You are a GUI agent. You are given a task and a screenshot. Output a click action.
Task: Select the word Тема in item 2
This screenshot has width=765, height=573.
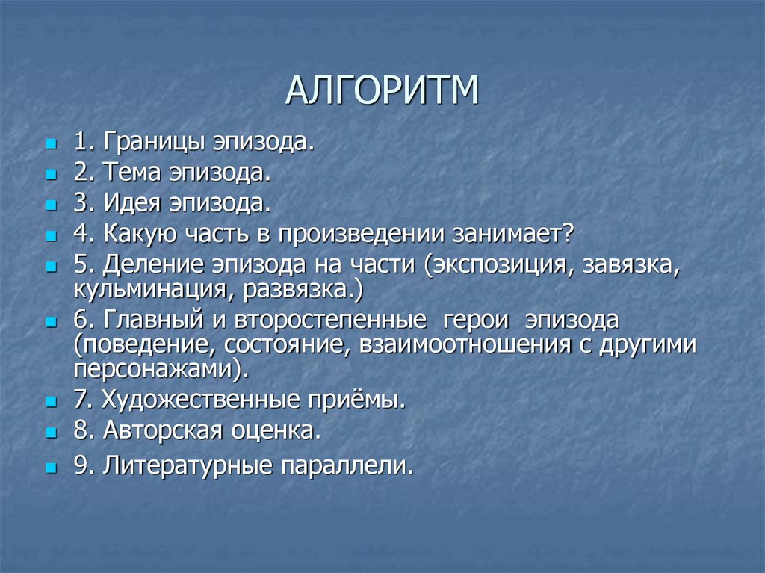(x=137, y=174)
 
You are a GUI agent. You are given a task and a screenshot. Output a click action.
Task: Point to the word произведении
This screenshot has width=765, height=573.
(x=362, y=235)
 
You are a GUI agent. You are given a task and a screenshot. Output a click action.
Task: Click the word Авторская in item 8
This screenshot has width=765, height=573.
(x=161, y=431)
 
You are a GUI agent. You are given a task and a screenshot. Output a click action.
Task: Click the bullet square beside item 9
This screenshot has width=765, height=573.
(x=51, y=468)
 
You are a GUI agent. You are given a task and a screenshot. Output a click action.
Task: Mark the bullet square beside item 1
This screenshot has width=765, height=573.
(x=51, y=142)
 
